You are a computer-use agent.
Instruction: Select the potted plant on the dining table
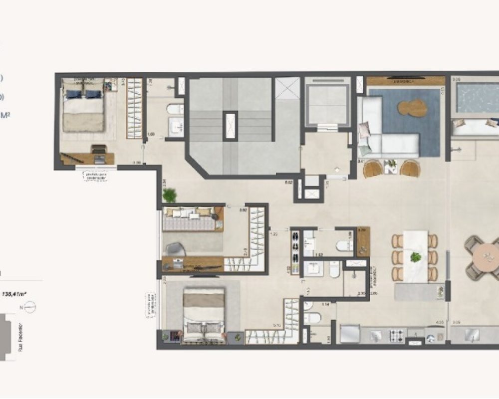tap(415, 257)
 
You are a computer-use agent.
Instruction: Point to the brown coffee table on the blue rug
tap(413, 107)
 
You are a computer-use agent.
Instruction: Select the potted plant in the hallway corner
tap(170, 195)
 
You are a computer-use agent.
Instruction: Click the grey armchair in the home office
tap(176, 249)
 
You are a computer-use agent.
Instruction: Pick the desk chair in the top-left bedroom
tap(99, 149)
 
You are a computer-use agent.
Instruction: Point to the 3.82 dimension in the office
tap(243, 210)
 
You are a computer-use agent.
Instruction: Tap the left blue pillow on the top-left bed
tap(74, 94)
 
